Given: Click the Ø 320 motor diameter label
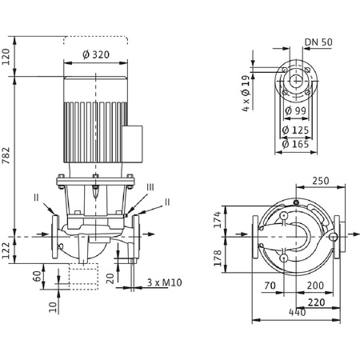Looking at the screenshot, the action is [x=96, y=54].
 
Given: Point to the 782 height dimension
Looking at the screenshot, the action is [x=6, y=155].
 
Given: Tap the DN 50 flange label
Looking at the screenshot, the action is [x=318, y=42].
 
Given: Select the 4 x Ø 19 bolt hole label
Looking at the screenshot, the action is [x=246, y=93].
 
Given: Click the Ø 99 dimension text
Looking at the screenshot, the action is [x=295, y=110].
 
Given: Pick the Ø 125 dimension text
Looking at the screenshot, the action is [x=295, y=130].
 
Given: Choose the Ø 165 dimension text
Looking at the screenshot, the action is [x=295, y=144].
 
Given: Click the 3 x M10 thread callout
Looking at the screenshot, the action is [x=165, y=282].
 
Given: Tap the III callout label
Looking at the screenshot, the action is [x=150, y=187].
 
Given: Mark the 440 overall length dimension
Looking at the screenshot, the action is [x=298, y=312].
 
